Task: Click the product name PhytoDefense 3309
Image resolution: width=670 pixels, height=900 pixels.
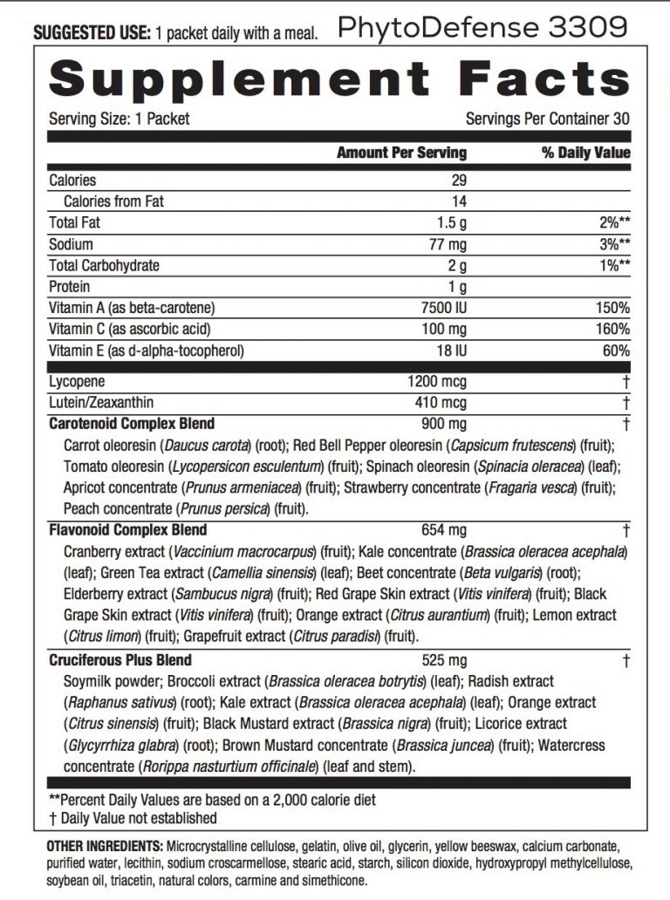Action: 482,28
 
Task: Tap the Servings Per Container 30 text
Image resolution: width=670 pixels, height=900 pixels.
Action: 548,119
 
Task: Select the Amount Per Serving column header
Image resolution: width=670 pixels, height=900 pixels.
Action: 401,153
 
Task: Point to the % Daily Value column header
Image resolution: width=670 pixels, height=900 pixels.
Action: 585,153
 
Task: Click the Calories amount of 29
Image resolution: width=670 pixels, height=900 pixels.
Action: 459,181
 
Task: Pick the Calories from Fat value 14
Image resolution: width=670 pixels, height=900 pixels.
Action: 459,201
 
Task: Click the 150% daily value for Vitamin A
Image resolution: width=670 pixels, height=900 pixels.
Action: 612,308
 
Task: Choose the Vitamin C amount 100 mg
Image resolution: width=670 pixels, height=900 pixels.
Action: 444,329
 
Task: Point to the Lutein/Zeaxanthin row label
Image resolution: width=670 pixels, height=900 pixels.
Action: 101,403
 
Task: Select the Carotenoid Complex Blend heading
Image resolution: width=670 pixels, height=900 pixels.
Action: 132,424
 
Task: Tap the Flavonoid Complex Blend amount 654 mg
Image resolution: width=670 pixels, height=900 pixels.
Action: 444,530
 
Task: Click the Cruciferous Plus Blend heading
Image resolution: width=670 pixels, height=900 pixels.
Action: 120,660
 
